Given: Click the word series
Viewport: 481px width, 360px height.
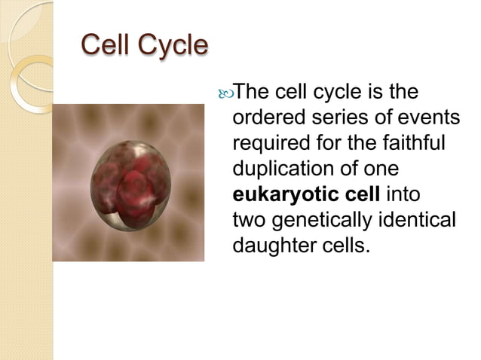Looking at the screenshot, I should click(x=333, y=118).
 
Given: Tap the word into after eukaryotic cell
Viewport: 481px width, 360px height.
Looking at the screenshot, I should click(x=403, y=194).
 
